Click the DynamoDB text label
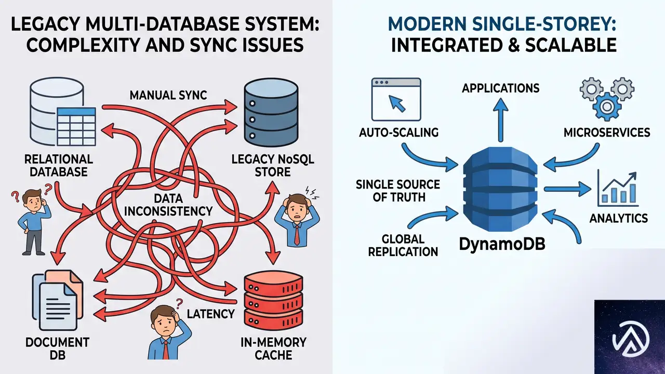pos(502,244)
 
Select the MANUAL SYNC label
pos(168,95)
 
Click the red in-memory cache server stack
pos(273,300)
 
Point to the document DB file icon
pos(58,300)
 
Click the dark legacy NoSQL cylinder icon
pos(271,113)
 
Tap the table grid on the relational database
pos(76,126)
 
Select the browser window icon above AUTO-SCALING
pos(396,99)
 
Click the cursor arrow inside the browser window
pos(397,103)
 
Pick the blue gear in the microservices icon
pos(607,106)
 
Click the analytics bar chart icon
pos(618,189)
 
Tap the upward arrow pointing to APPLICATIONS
pos(500,120)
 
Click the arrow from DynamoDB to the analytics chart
pos(567,189)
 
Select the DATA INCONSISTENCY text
pos(168,205)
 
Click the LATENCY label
pos(210,314)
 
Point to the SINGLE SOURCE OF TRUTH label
pos(398,191)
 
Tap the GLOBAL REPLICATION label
pos(403,246)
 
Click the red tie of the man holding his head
pos(297,234)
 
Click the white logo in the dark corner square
pos(631,339)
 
